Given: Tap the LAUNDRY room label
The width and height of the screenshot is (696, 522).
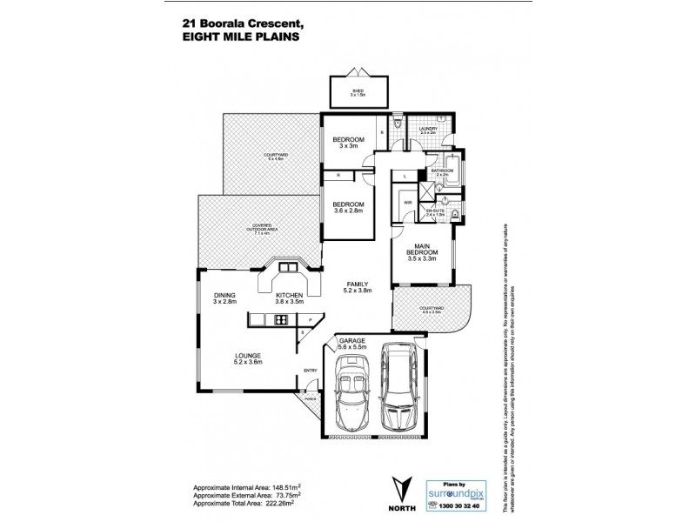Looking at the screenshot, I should point(428,129).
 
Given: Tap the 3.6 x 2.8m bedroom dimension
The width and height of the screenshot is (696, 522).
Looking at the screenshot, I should point(348,211).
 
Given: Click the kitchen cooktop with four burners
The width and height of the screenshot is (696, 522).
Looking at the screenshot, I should point(281,320).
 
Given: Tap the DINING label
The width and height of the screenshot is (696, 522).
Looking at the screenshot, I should point(224,295).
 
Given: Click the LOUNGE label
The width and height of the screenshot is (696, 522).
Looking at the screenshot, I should point(248,355).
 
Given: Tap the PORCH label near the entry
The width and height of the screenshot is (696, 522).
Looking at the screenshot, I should point(310,400).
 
